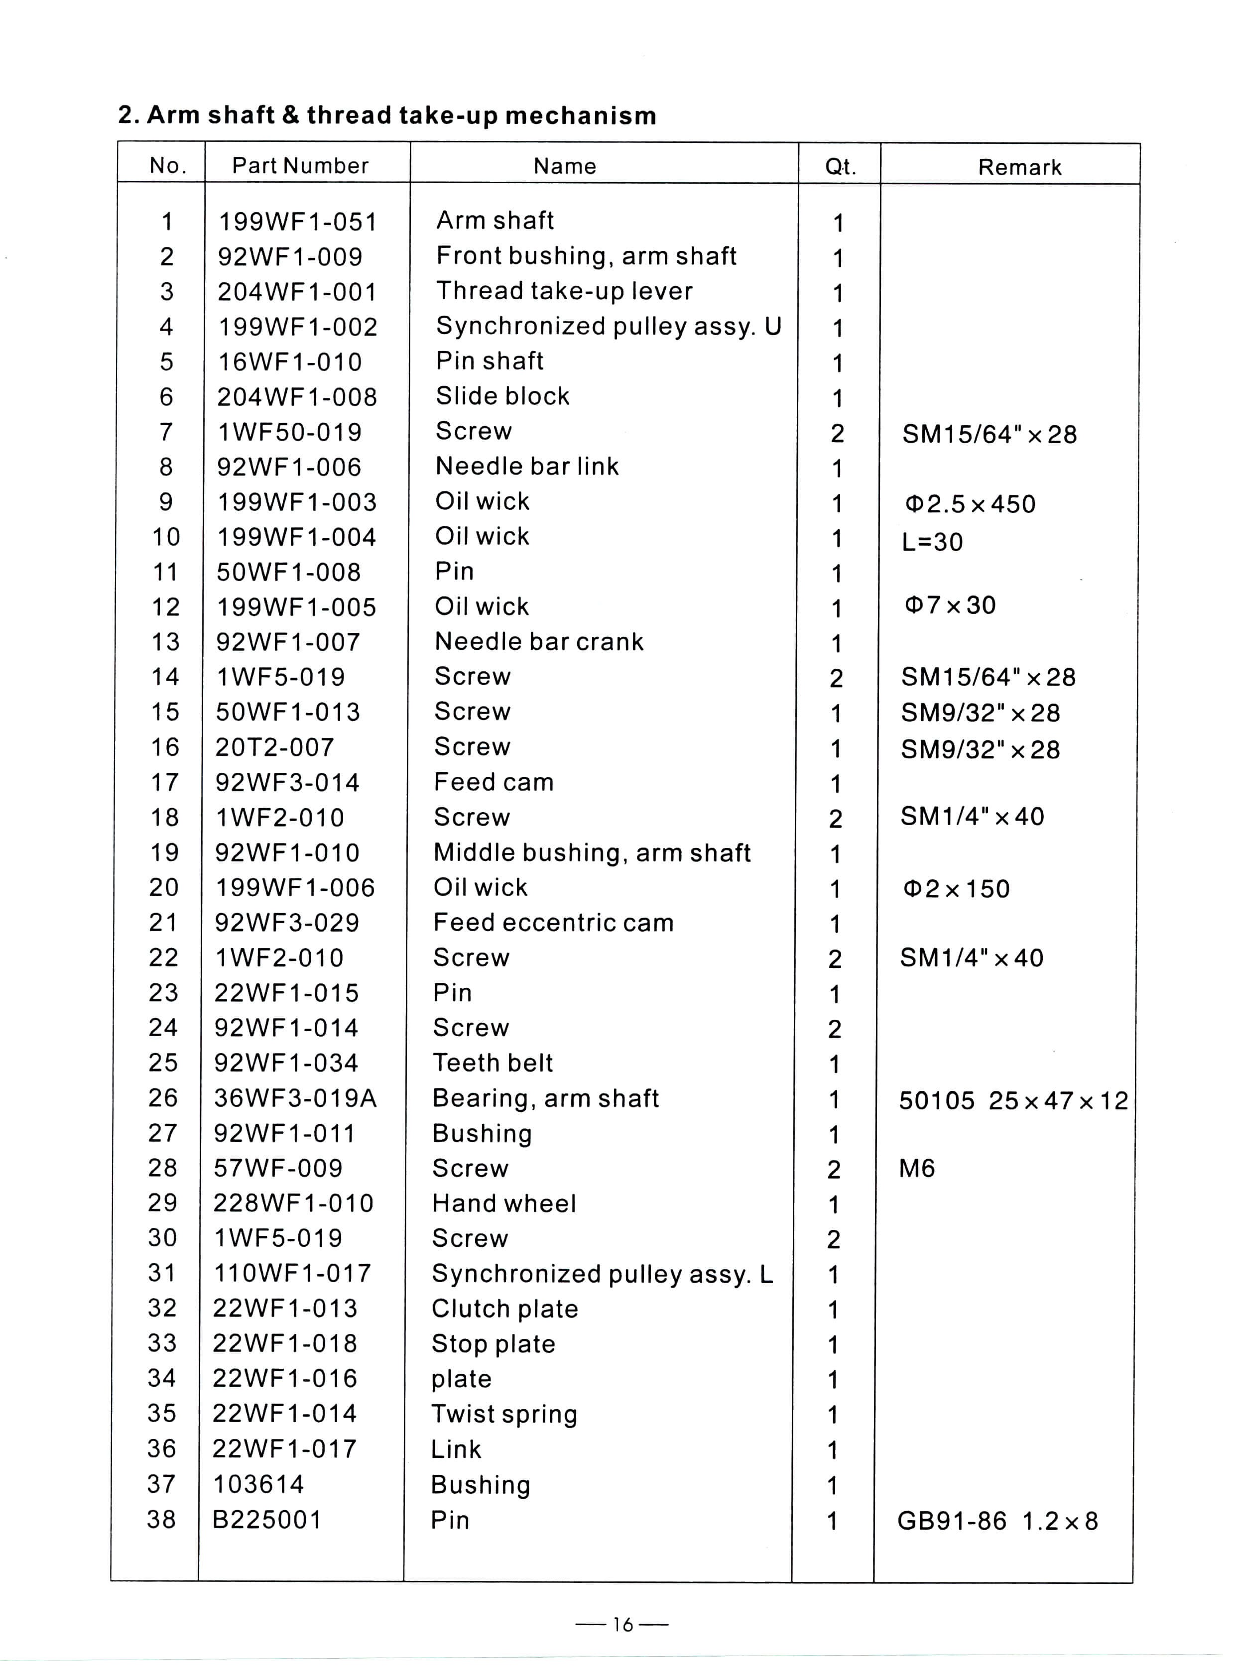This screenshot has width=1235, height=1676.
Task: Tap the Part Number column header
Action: (x=300, y=165)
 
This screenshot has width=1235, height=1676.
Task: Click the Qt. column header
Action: (x=840, y=166)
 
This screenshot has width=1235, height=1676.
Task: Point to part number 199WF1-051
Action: (x=297, y=222)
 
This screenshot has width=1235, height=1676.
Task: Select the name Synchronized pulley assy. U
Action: (x=609, y=326)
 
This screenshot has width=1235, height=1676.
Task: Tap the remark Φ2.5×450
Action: (x=970, y=504)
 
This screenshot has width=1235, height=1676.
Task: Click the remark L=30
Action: (x=932, y=541)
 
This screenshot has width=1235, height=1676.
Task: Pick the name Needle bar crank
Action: (x=539, y=641)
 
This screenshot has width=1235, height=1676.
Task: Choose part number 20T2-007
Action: (x=274, y=747)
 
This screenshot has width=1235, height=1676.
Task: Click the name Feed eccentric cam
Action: (x=553, y=923)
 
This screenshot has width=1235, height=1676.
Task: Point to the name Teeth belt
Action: (x=493, y=1062)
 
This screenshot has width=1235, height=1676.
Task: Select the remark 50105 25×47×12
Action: (x=1013, y=1100)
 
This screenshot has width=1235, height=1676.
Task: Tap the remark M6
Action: (x=916, y=1168)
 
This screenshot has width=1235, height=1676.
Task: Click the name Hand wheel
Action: (x=504, y=1203)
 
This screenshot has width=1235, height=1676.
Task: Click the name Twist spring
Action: (x=504, y=1414)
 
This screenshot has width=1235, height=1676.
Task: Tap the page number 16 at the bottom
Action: (x=622, y=1624)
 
